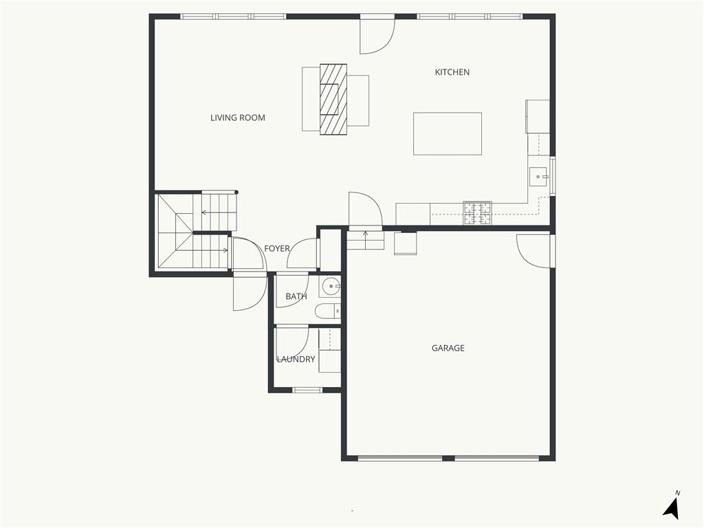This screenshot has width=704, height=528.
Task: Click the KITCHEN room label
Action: [x=452, y=71]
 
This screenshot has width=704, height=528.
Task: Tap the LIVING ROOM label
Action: [x=237, y=118]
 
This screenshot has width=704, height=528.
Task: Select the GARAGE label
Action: [x=448, y=348]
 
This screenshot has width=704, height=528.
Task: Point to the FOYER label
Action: [x=276, y=248]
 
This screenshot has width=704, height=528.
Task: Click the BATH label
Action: [x=296, y=296]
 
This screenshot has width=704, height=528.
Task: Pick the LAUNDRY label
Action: [x=296, y=359]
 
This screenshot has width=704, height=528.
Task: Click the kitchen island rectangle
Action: [x=448, y=134]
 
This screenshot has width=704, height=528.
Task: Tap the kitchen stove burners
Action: [x=477, y=213]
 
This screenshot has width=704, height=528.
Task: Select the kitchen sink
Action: [x=538, y=177]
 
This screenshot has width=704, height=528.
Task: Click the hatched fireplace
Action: [x=333, y=99]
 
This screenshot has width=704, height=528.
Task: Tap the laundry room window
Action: [x=307, y=390]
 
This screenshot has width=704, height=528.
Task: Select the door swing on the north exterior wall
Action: [x=377, y=36]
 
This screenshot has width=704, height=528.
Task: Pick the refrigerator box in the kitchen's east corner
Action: [x=538, y=116]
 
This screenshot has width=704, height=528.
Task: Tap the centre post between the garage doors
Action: [x=448, y=458]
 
